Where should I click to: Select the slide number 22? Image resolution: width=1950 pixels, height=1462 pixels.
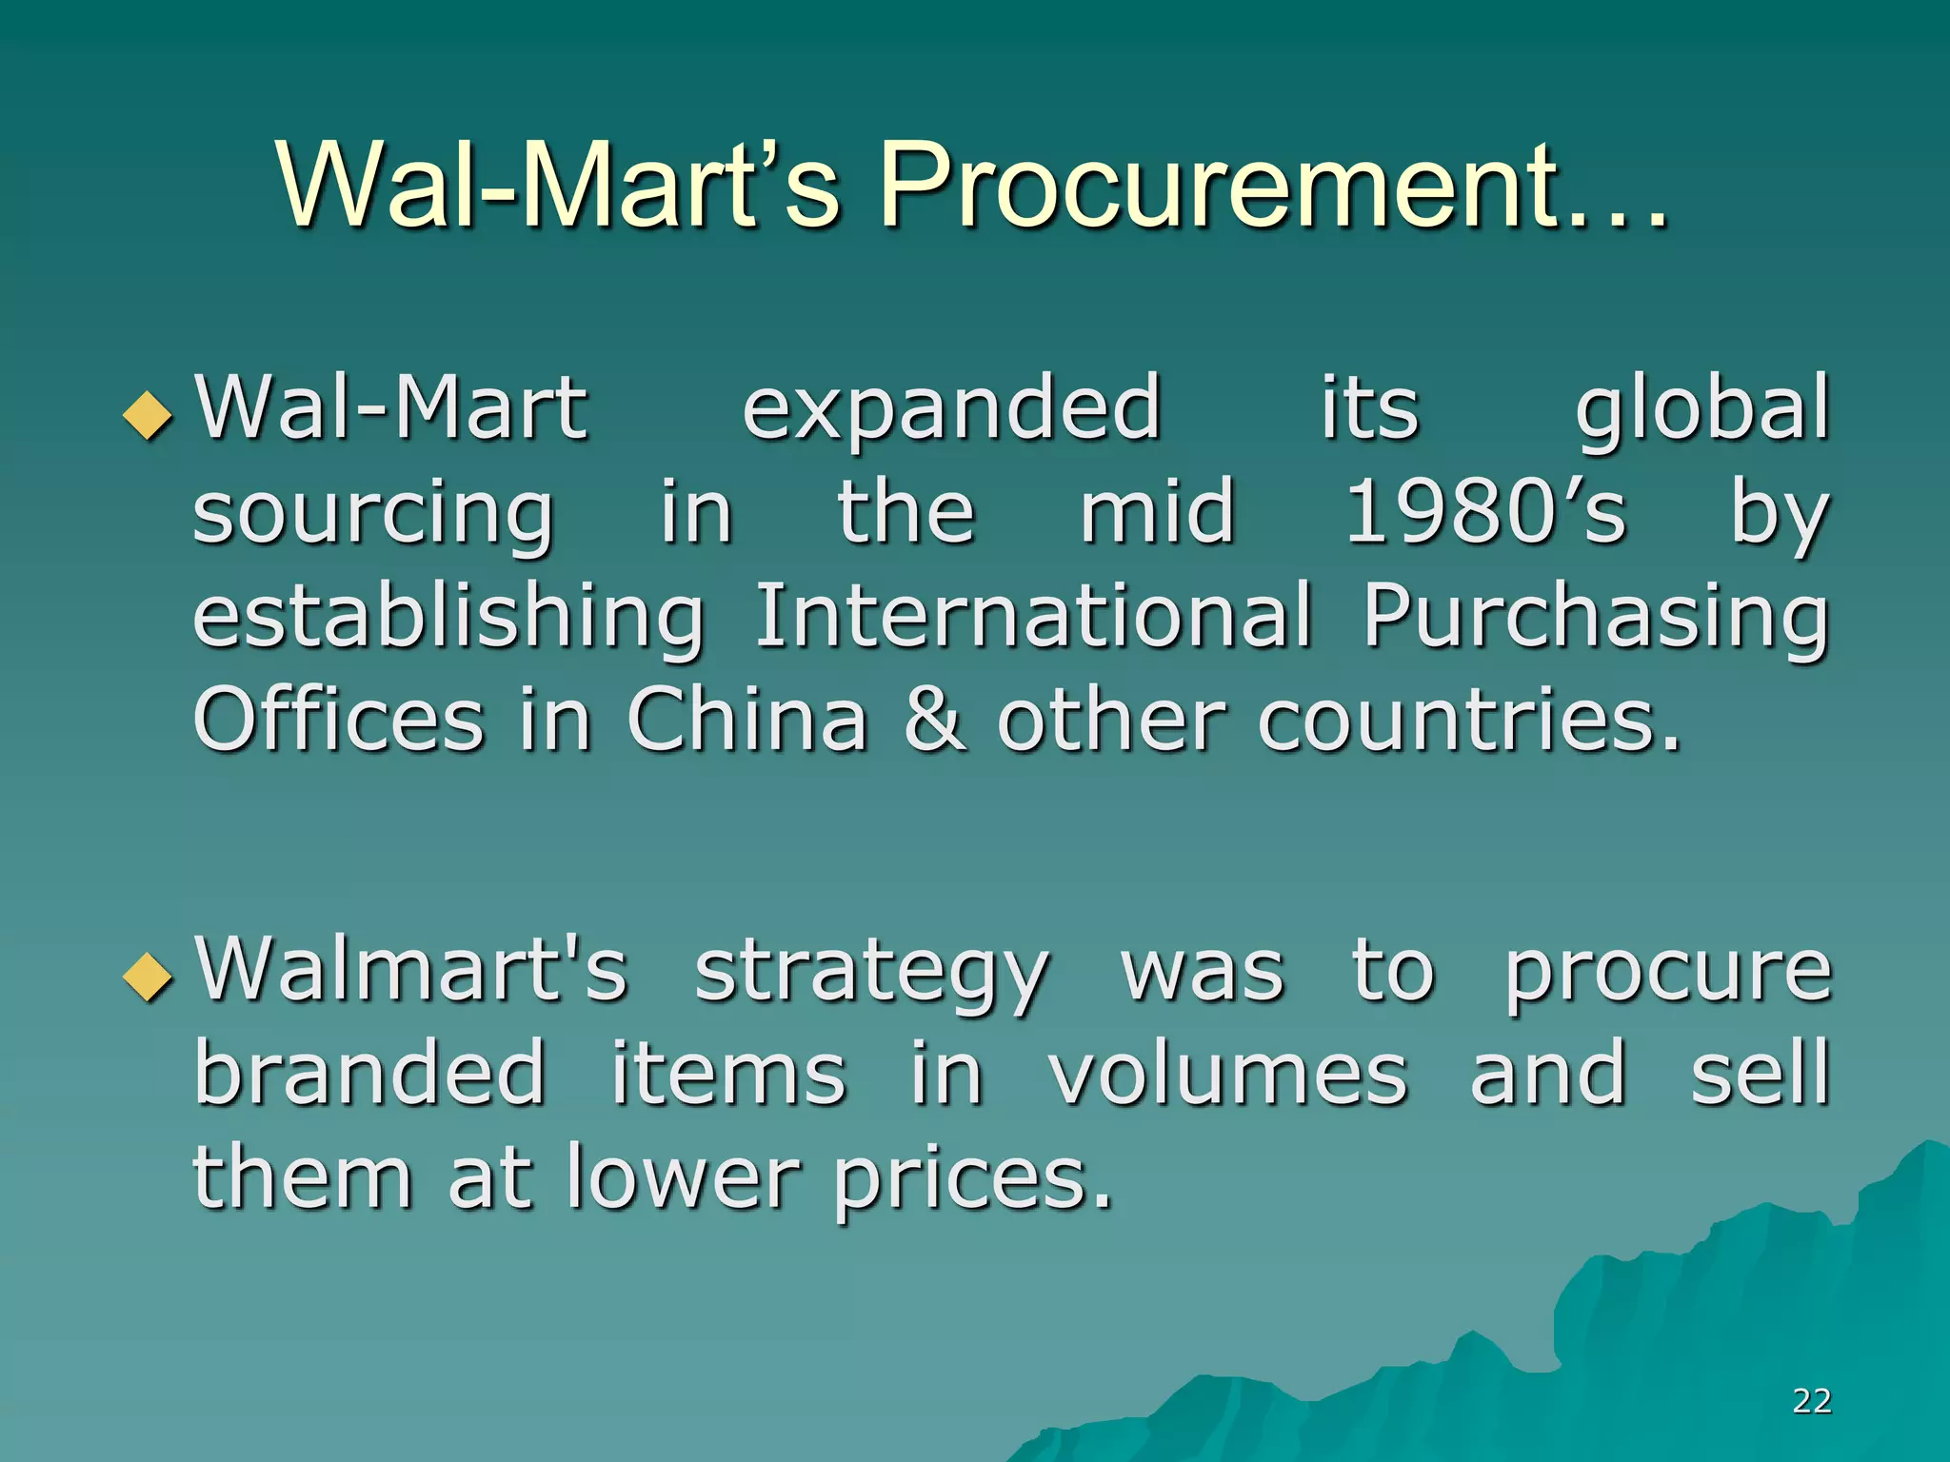1811,1400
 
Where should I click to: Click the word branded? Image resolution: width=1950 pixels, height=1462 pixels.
370,1073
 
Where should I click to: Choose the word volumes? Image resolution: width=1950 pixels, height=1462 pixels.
1227,1073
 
